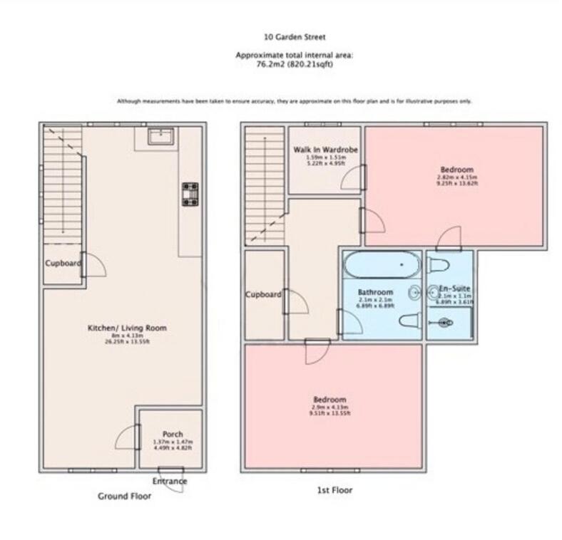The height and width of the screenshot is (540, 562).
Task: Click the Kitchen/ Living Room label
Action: coord(127,328)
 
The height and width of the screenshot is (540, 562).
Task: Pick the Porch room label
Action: coord(172,434)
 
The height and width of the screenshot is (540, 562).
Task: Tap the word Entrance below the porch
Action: coord(171,481)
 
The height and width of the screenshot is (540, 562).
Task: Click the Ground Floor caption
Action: coord(124,496)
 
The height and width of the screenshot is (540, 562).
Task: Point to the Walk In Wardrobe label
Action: coord(325,150)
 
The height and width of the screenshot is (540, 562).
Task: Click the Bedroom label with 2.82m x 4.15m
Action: coord(456,170)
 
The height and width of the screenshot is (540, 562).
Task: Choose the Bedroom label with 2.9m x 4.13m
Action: coord(329,400)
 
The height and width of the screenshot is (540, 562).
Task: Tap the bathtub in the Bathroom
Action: coord(382,264)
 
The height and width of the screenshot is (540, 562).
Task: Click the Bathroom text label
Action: coord(375,292)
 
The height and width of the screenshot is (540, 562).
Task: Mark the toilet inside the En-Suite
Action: coord(439,266)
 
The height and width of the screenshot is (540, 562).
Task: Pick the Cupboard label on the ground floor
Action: coord(63,263)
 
